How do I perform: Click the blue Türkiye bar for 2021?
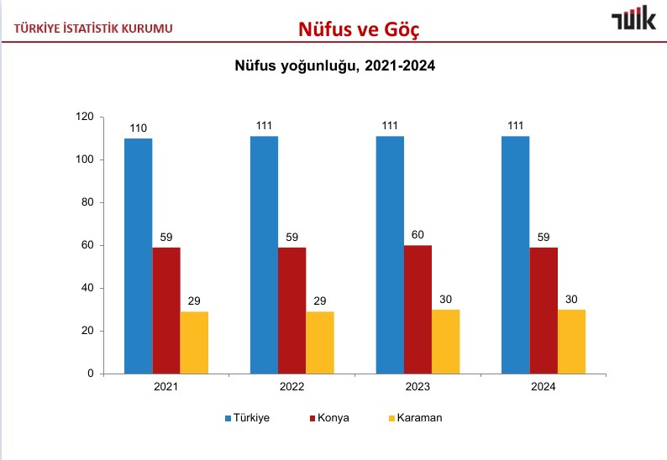138,256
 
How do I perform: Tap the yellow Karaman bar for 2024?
571,342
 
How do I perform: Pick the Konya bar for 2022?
291,311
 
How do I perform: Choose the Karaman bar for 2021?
194,342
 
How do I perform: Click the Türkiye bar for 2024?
515,254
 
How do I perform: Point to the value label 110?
138,128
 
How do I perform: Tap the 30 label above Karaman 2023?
445,300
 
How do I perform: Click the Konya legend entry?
330,418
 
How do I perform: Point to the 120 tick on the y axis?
83,117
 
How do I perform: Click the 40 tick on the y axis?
86,288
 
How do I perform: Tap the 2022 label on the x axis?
291,387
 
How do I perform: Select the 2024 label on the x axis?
544,387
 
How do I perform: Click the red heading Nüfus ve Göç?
359,29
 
